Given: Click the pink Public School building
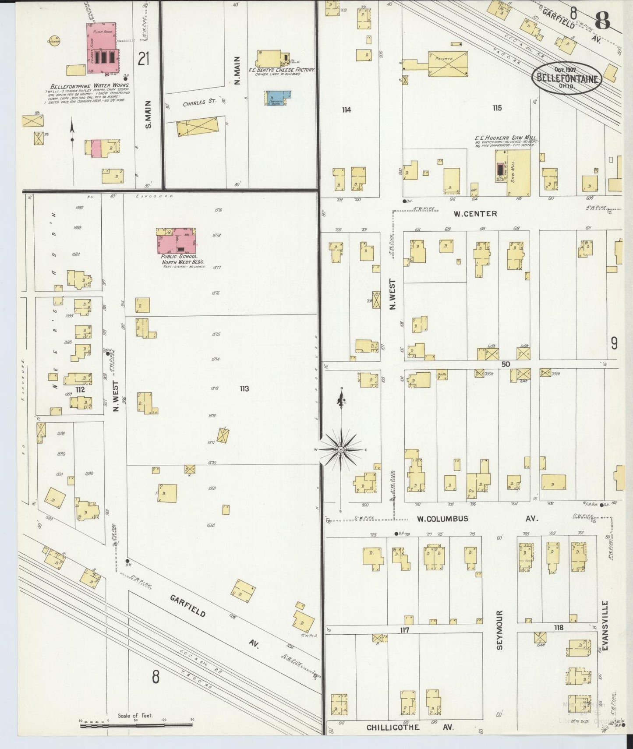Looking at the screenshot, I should coord(177,240).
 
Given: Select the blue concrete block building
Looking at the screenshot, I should coord(278,98).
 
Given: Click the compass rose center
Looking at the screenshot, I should coord(341,450).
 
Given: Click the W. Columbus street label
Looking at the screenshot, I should coord(442,519).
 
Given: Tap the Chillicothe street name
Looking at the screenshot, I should coord(393,728).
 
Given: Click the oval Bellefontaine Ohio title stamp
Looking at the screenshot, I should coord(567,78).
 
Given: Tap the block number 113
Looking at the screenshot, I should coord(244,389).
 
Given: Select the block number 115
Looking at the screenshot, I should coord(496,108).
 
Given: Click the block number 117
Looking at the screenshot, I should coord(404,630).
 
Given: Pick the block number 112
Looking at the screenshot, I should coord(80,389).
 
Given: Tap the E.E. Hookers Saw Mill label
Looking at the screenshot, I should coord(505,138).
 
